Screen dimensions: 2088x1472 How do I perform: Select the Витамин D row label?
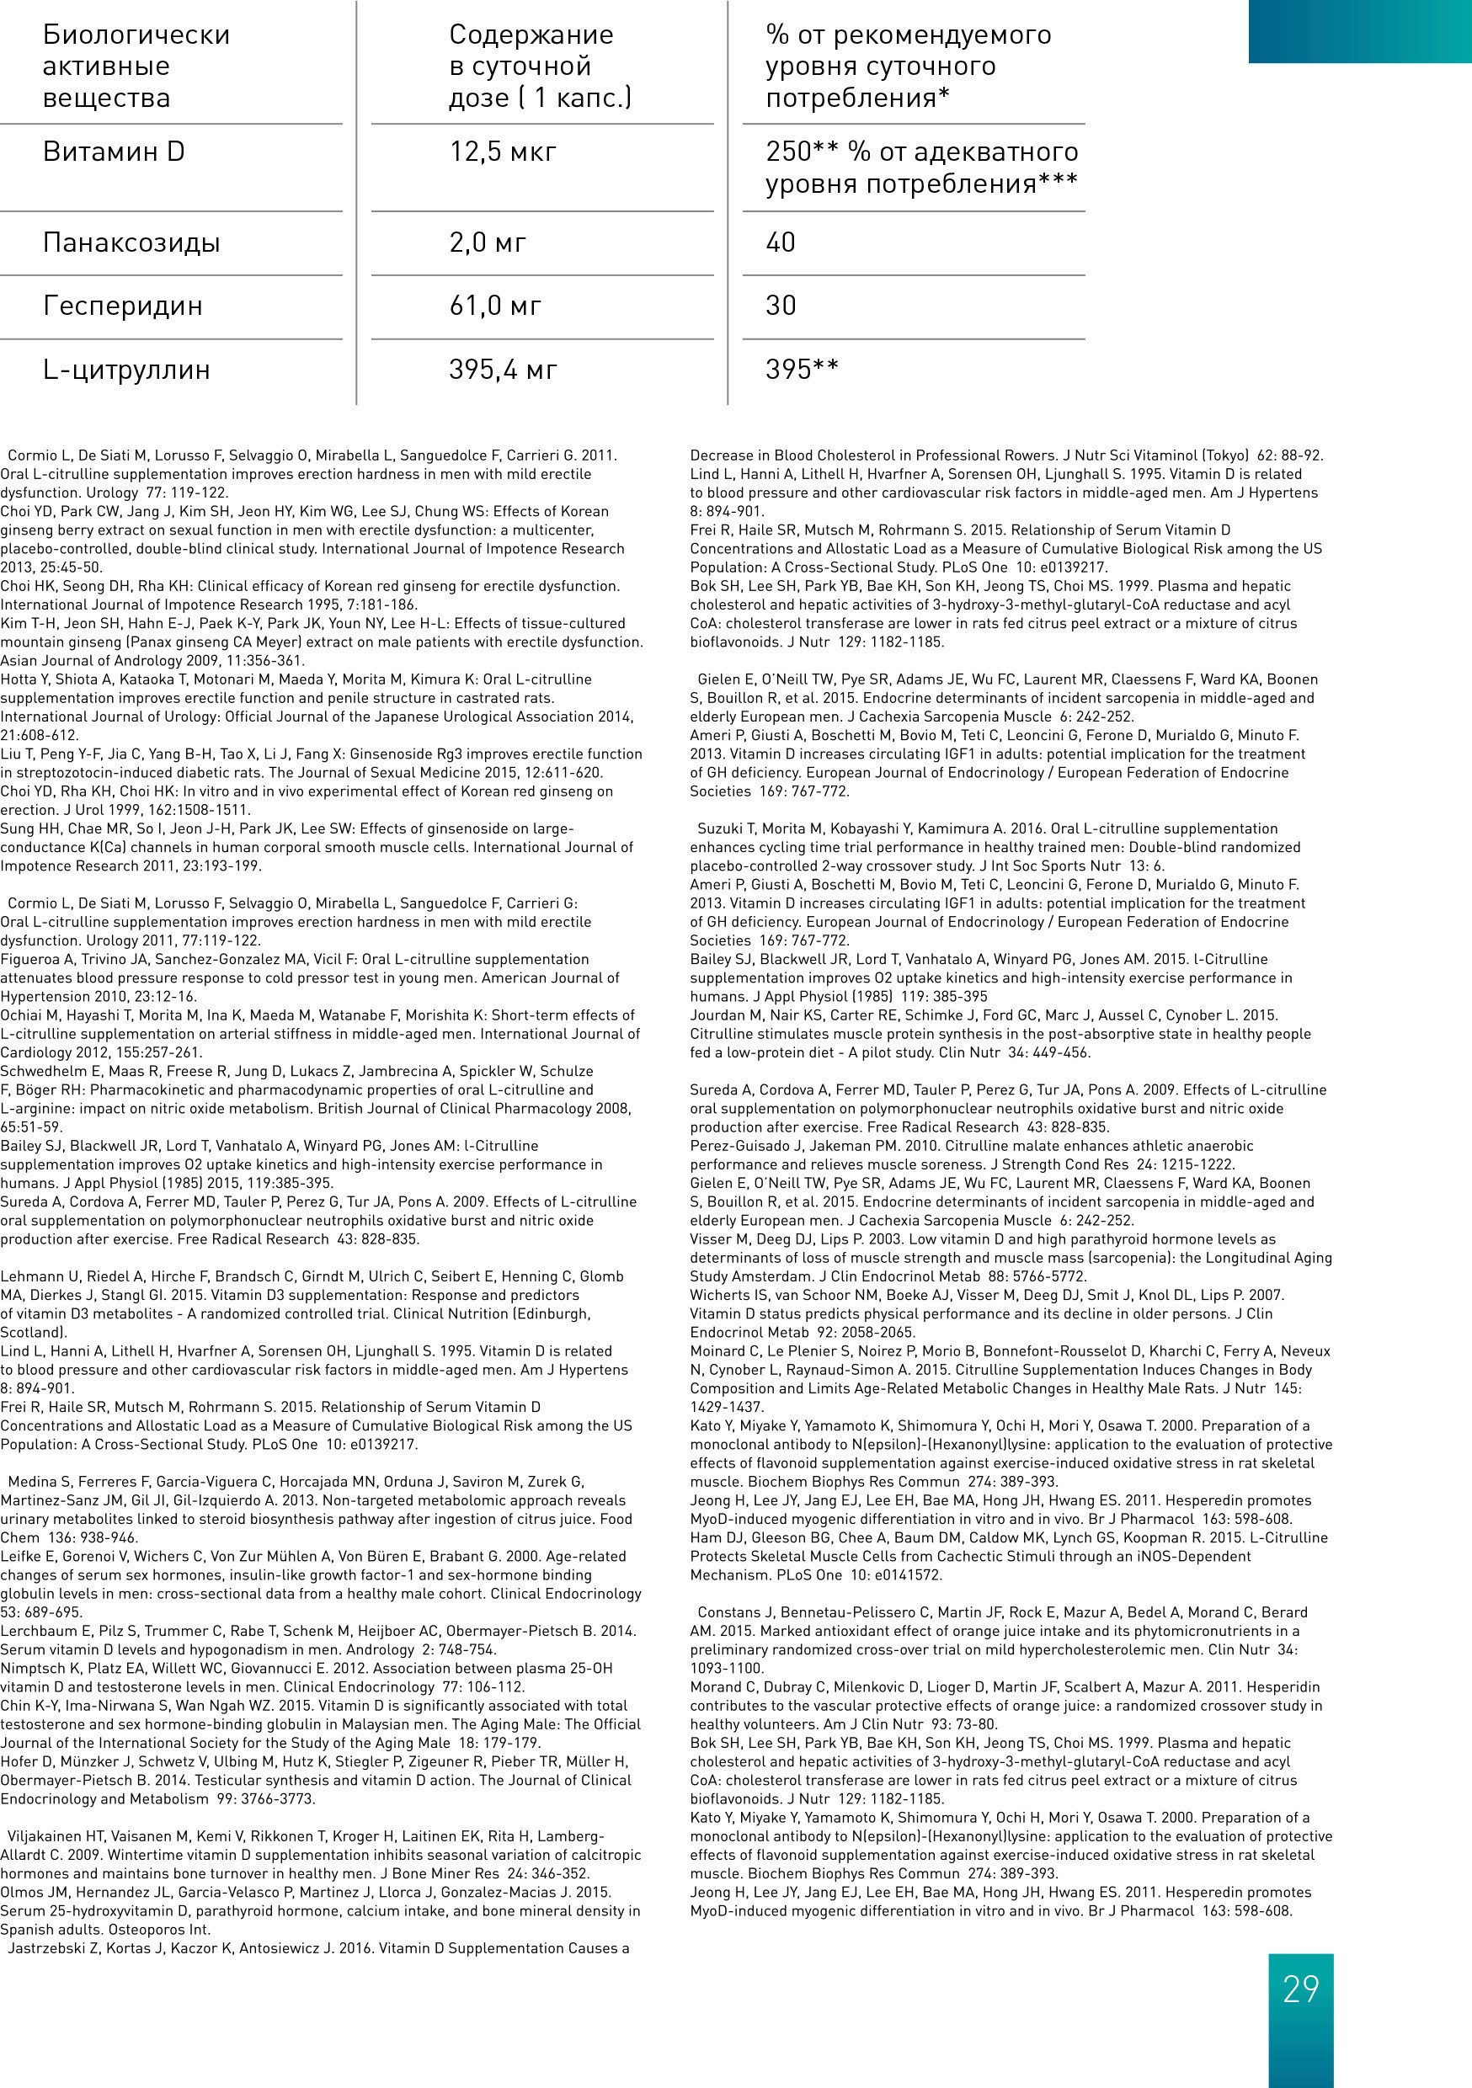point(114,152)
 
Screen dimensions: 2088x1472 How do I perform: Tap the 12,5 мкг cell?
point(502,152)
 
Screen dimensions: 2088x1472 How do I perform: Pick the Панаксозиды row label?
point(131,242)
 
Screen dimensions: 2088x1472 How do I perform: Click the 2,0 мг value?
point(488,242)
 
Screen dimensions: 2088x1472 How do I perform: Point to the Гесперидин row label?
point(123,306)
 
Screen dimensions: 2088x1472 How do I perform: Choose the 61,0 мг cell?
point(495,306)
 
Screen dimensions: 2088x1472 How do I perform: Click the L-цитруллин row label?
point(126,370)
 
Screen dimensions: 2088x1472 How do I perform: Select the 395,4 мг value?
point(502,370)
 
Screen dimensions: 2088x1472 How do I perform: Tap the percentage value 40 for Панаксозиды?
point(781,242)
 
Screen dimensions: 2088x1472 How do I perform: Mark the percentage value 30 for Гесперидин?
point(781,306)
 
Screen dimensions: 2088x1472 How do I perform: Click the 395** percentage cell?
point(802,370)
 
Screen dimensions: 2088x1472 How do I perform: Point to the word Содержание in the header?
point(531,35)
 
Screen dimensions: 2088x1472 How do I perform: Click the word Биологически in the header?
point(136,35)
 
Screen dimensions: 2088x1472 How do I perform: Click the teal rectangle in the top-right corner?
point(1359,32)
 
